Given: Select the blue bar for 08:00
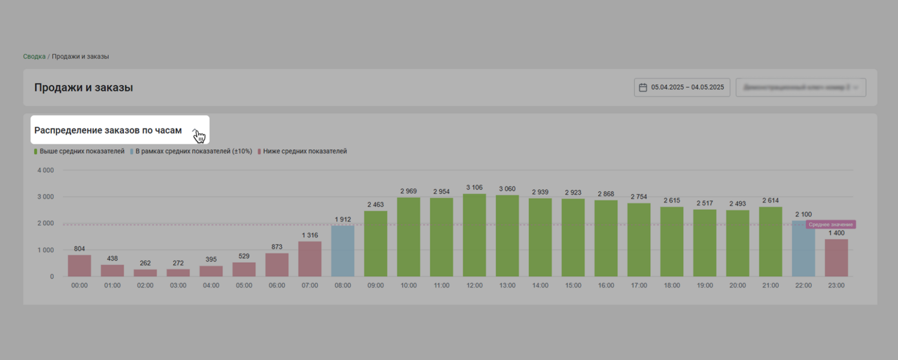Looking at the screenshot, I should [x=342, y=251].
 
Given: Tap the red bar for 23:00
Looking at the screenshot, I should [x=836, y=258].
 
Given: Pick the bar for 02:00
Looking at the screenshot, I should [x=145, y=273].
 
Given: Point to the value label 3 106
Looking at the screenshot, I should [x=474, y=187].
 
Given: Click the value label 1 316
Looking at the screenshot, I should [x=310, y=235].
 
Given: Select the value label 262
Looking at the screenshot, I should [x=145, y=263].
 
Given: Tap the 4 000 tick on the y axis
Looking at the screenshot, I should [x=45, y=170].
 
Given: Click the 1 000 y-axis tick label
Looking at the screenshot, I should [x=45, y=250].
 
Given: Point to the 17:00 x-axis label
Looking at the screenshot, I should [x=639, y=285].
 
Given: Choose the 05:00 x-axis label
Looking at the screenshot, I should [x=244, y=285].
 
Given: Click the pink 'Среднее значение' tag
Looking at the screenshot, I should [x=830, y=224].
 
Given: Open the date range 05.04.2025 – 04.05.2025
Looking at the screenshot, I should [x=687, y=87].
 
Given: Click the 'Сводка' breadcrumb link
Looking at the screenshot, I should [x=34, y=56].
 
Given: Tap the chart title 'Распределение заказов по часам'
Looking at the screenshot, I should [x=108, y=130].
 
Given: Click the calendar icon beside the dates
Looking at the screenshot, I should [x=643, y=87].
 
